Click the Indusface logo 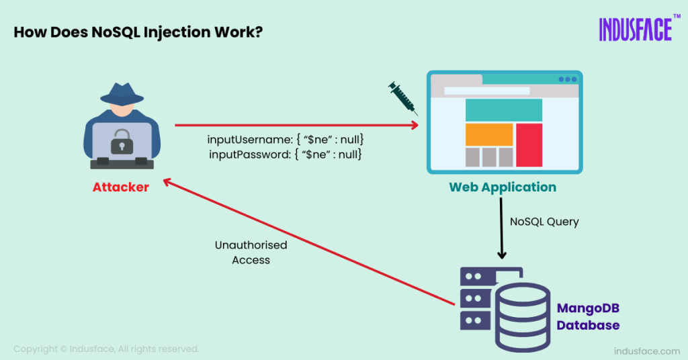pyautogui.click(x=635, y=29)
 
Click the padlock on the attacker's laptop pyautogui.click(x=122, y=140)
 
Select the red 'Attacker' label pyautogui.click(x=121, y=187)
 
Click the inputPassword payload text pyautogui.click(x=286, y=154)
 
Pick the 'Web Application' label pyautogui.click(x=503, y=187)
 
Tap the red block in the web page pyautogui.click(x=529, y=144)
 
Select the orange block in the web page pyautogui.click(x=489, y=134)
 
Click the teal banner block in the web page pyautogui.click(x=503, y=110)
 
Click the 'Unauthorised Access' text pyautogui.click(x=251, y=253)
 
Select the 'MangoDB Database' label pyautogui.click(x=588, y=316)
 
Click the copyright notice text pyautogui.click(x=106, y=349)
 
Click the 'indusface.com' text pyautogui.click(x=647, y=351)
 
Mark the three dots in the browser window pyautogui.click(x=568, y=79)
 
